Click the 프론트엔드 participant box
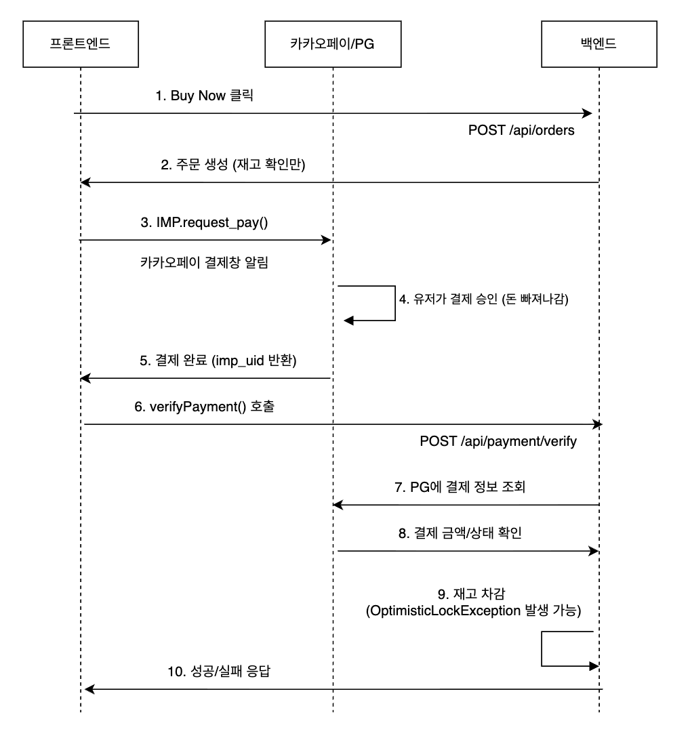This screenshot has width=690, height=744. [x=80, y=44]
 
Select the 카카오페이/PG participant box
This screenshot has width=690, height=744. [x=332, y=44]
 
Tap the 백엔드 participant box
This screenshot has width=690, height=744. [x=598, y=44]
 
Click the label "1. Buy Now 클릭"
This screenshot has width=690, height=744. [x=204, y=96]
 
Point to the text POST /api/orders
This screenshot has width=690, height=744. [x=521, y=131]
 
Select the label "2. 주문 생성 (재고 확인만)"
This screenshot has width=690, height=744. [x=234, y=165]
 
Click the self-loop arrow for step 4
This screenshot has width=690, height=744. [x=394, y=303]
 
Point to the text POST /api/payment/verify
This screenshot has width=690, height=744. [x=498, y=442]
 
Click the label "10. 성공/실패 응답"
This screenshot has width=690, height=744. [x=223, y=672]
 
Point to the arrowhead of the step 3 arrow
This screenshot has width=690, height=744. [x=327, y=240]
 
